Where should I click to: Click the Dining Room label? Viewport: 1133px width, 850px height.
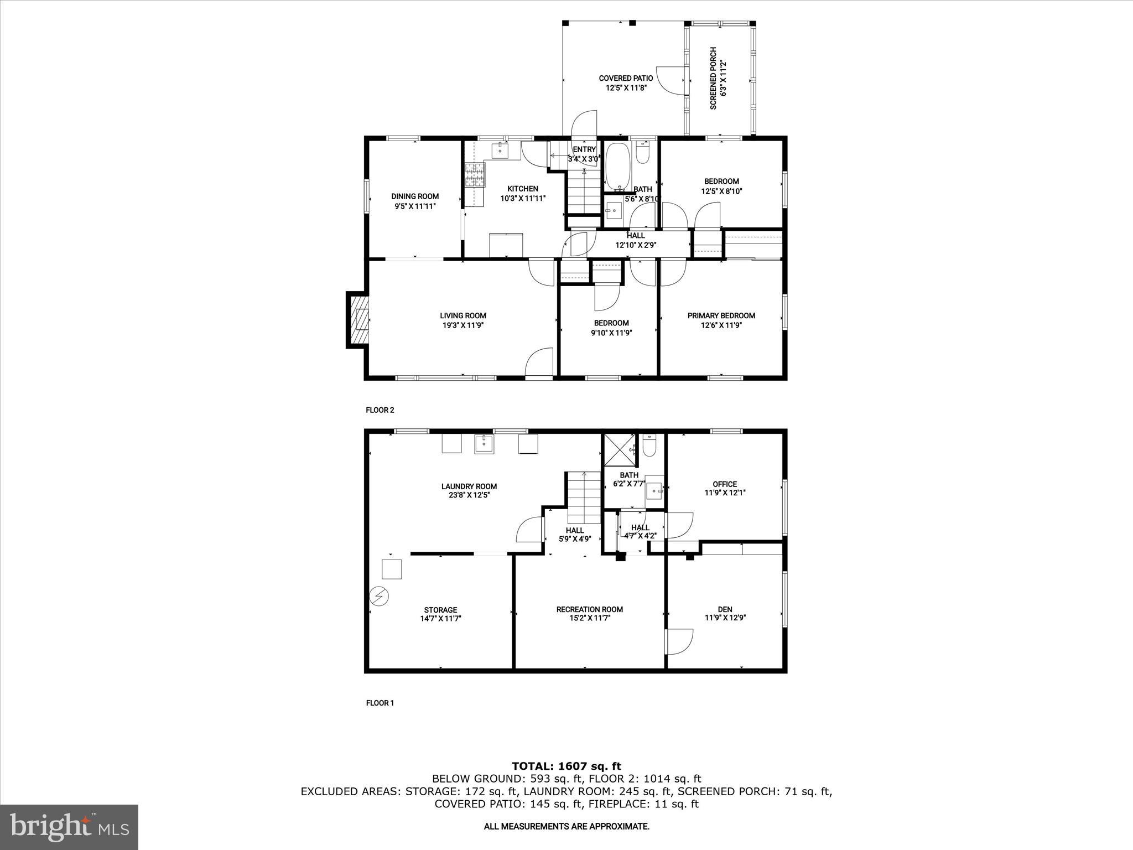[415, 196]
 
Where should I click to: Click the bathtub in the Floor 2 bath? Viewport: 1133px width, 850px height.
[619, 166]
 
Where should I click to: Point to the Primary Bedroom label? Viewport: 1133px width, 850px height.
[721, 316]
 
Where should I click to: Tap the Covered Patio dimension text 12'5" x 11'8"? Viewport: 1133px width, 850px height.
[626, 88]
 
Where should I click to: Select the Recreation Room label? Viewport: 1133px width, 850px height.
[590, 609]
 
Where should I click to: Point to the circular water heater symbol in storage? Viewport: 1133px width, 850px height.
[380, 596]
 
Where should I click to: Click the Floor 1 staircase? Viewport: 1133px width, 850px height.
[583, 497]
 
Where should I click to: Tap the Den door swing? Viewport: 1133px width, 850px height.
[679, 642]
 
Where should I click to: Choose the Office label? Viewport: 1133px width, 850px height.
[725, 484]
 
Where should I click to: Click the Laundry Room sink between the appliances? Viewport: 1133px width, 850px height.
[484, 444]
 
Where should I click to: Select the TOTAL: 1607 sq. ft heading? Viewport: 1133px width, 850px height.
[566, 766]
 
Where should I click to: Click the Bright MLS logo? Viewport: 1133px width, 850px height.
[69, 827]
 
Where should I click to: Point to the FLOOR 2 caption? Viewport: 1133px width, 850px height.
[380, 410]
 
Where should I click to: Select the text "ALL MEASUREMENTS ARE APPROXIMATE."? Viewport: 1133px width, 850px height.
[566, 826]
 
